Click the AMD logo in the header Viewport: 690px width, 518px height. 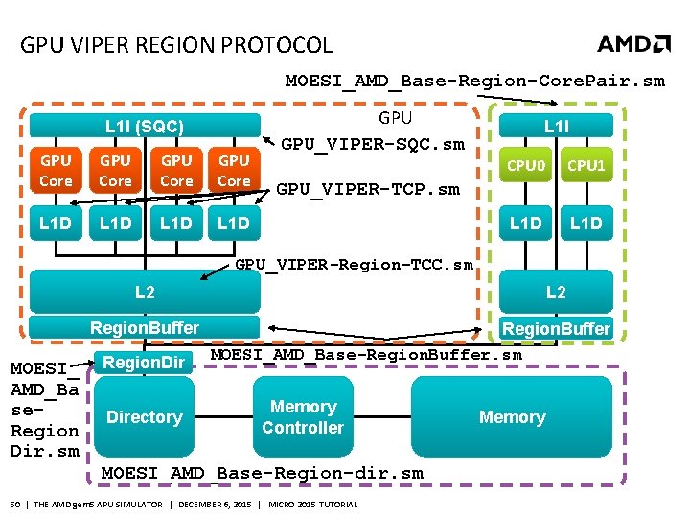click(633, 44)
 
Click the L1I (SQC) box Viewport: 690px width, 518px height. click(145, 126)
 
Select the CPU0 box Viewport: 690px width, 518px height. click(525, 166)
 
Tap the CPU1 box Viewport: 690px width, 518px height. click(586, 166)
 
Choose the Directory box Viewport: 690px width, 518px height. click(145, 417)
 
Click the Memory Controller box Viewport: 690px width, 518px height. click(303, 417)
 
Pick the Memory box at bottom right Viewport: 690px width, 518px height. click(512, 417)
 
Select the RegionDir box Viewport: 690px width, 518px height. click(145, 362)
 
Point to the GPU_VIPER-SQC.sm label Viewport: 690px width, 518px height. click(372, 145)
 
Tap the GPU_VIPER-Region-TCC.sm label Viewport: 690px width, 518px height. click(354, 264)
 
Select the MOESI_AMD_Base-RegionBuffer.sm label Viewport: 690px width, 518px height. click(366, 355)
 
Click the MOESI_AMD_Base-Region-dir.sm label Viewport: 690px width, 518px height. click(262, 473)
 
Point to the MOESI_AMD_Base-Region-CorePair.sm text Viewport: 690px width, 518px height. click(474, 81)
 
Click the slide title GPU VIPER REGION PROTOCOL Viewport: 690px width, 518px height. click(176, 45)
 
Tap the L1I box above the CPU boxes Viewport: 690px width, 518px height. click(556, 126)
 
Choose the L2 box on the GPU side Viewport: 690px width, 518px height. click(145, 292)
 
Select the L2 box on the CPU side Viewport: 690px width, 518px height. click(556, 292)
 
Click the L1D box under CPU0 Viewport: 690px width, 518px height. click(525, 224)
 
